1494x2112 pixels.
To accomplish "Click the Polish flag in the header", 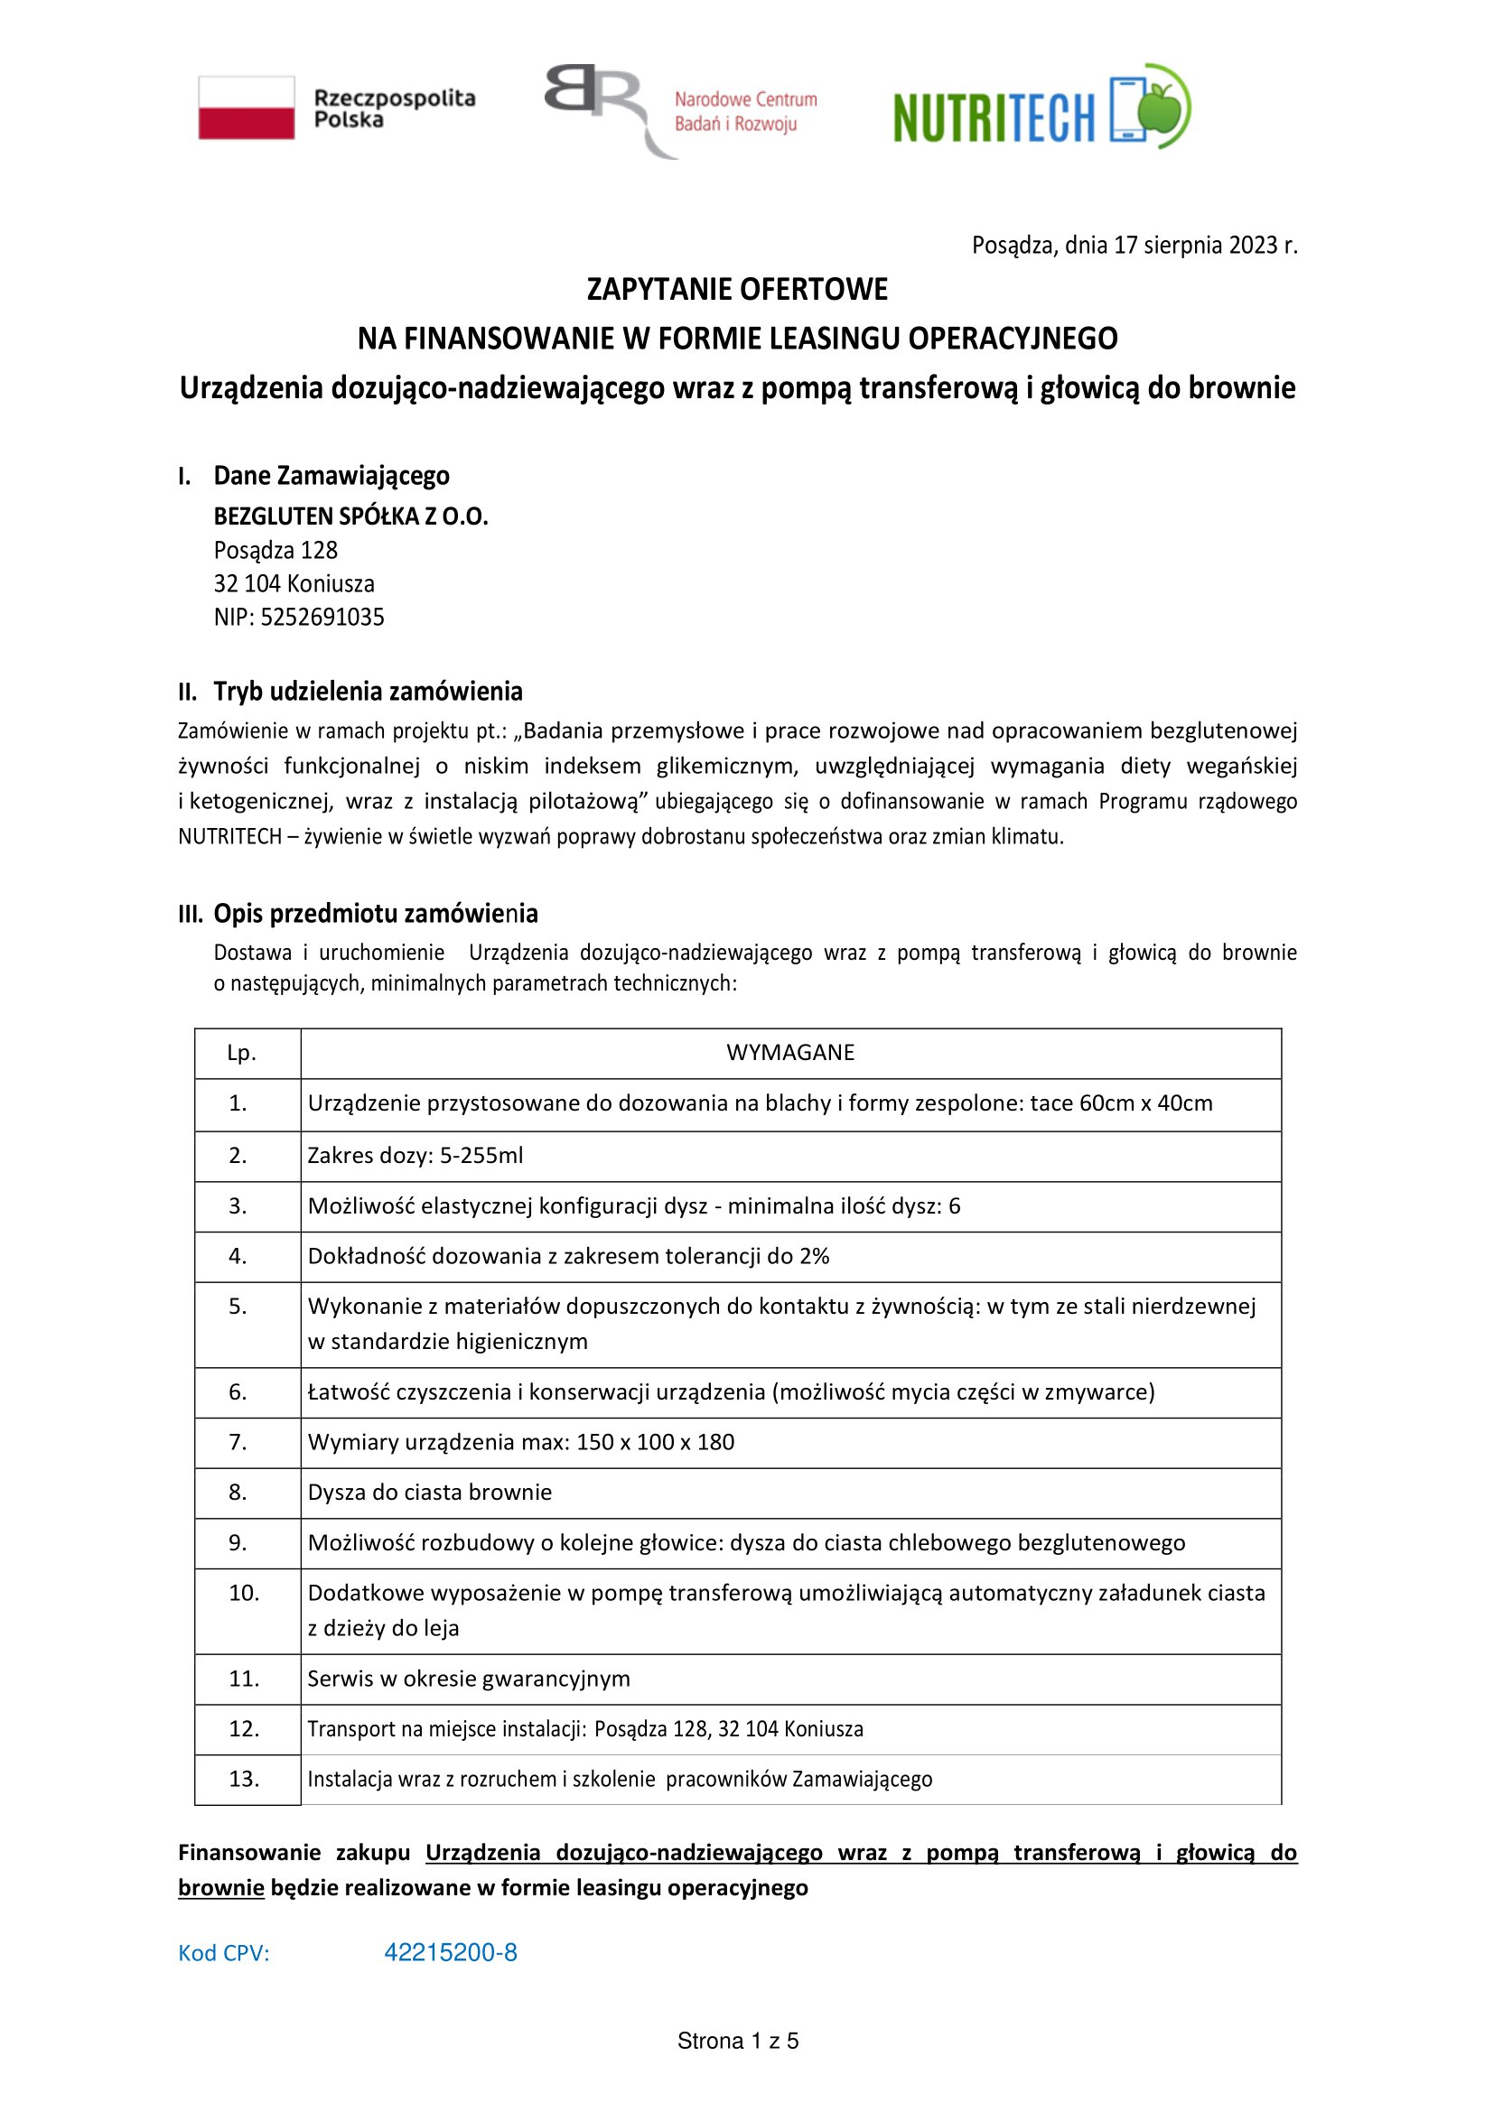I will point(247,107).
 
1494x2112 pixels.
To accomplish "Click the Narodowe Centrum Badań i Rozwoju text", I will point(744,111).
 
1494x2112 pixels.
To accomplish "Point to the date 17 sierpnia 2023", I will point(1195,246).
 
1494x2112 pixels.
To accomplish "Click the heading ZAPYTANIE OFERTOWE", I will point(737,290).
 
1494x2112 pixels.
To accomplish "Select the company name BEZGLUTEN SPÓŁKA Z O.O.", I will point(350,516).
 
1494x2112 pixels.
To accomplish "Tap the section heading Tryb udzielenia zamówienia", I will point(368,692).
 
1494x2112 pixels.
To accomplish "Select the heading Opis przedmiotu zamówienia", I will point(376,914).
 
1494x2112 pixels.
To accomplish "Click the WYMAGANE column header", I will point(790,1052).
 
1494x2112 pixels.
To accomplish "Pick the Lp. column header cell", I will point(241,1052).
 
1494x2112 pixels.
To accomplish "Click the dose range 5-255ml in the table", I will point(481,1156).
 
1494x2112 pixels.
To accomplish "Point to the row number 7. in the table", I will point(238,1441).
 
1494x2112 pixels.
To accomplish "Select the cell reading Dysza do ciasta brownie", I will point(430,1492).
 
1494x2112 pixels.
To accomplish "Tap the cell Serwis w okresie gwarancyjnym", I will point(468,1678).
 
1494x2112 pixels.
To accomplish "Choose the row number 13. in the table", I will point(244,1778).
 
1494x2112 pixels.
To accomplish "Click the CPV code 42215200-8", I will point(451,1953).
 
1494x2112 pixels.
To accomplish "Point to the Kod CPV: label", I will point(223,1954).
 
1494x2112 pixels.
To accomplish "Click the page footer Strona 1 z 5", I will point(738,2042).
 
